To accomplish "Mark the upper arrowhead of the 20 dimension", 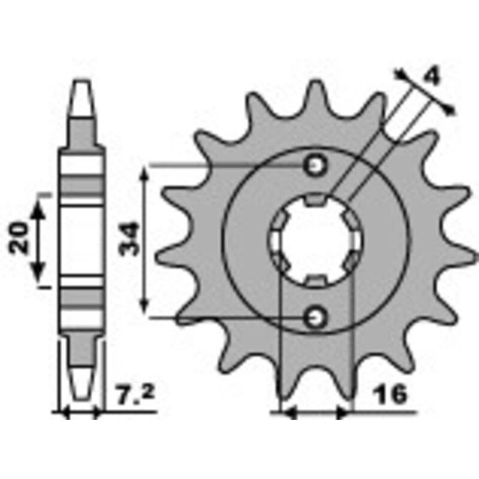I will pyautogui.click(x=40, y=207).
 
